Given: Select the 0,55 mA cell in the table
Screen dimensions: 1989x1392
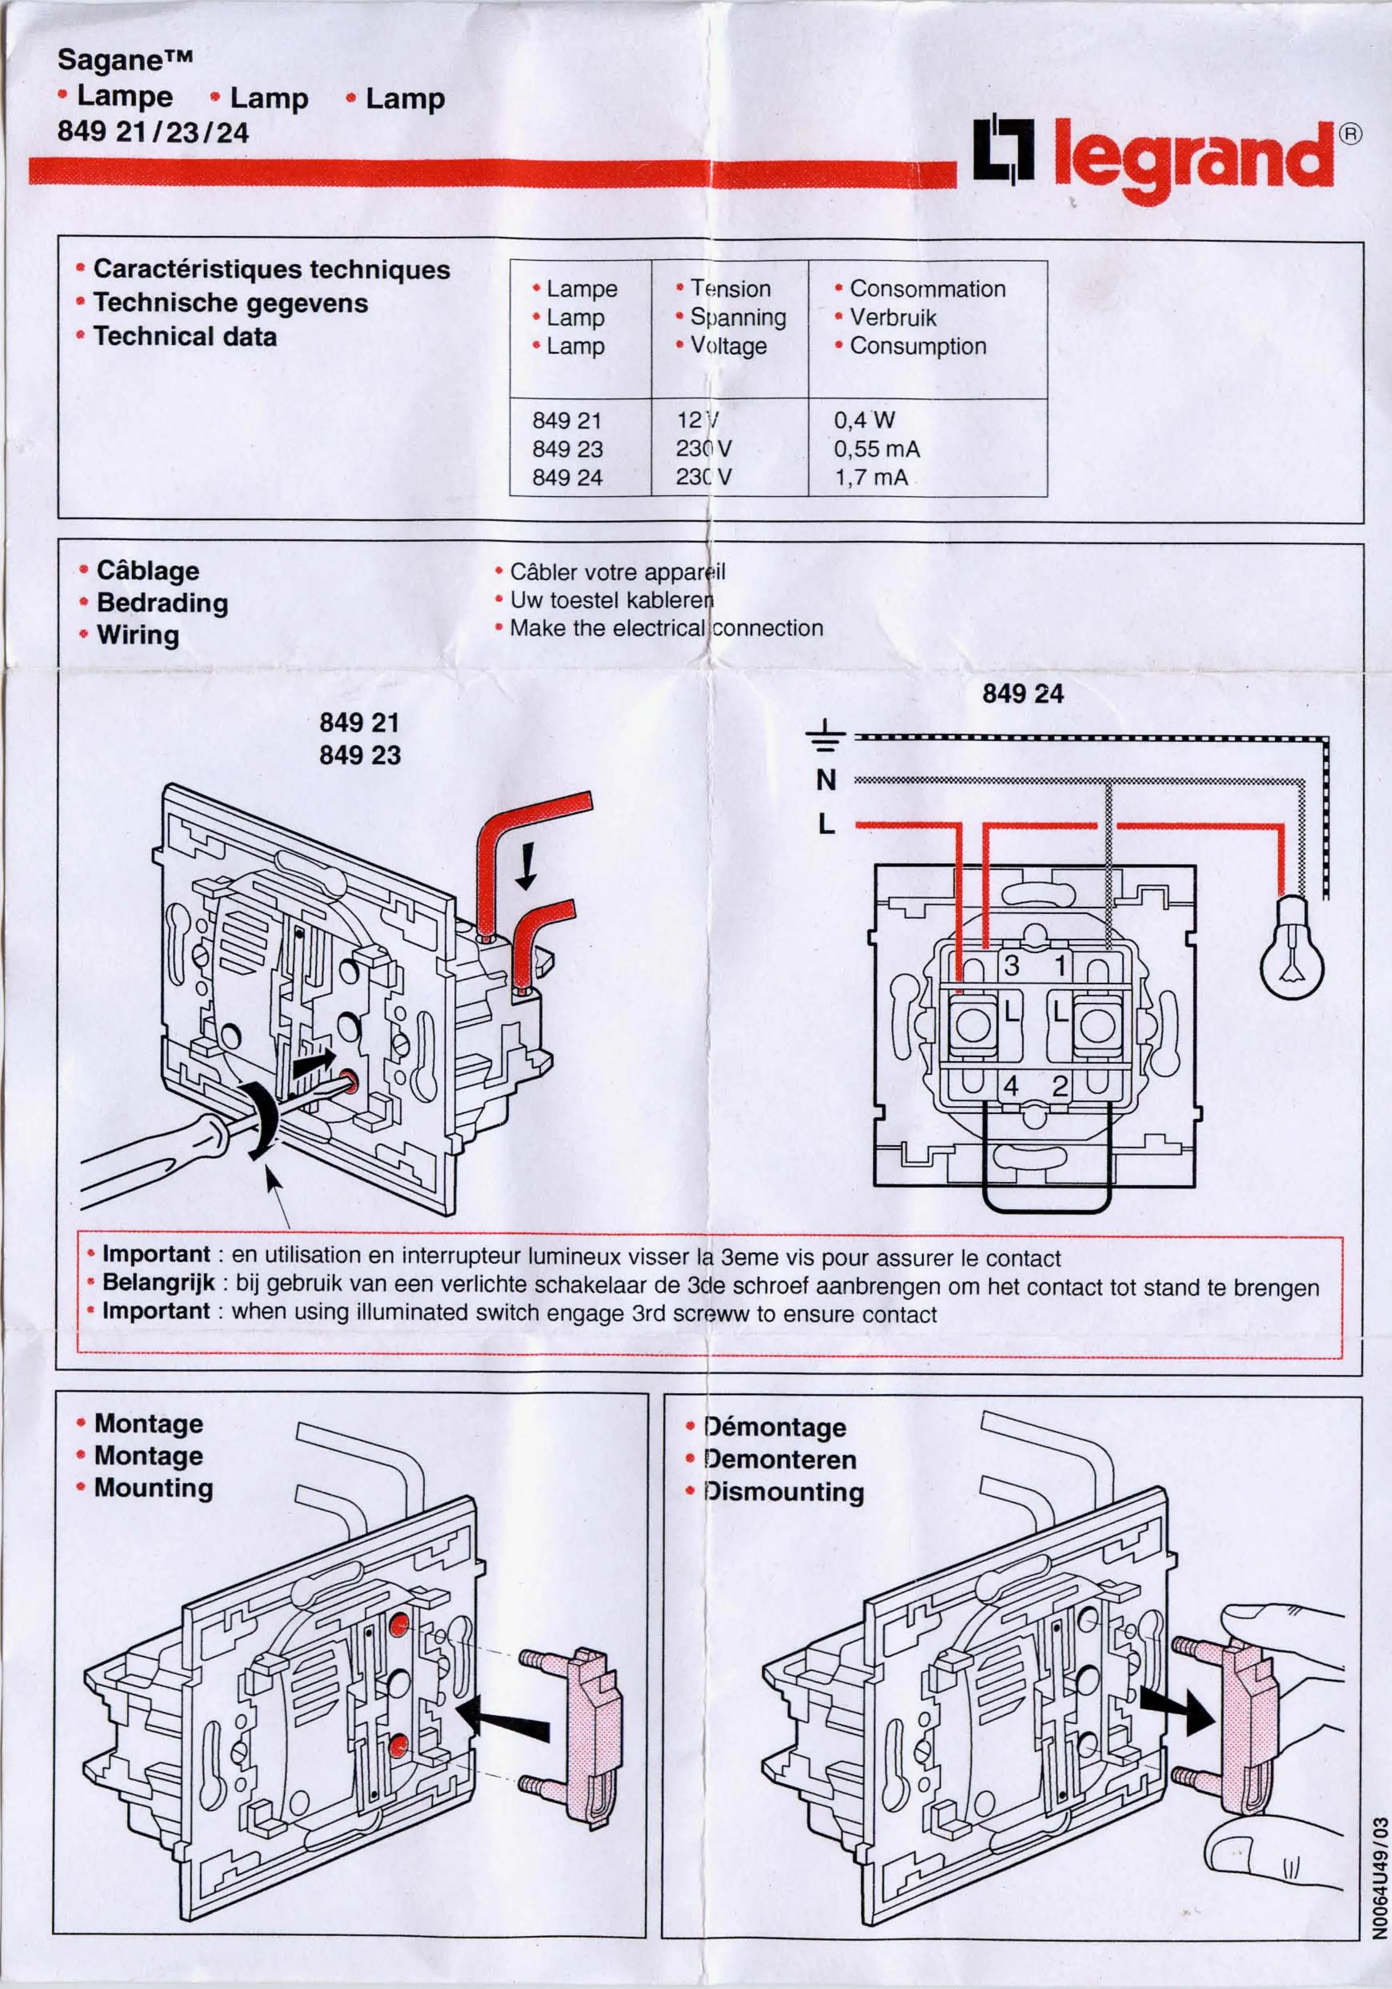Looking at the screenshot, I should point(876,449).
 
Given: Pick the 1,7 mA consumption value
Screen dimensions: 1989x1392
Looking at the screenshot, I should point(871,477).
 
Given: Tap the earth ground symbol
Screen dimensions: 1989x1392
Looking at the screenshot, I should point(825,735).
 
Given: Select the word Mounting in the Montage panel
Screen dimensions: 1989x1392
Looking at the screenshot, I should point(153,1488).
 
